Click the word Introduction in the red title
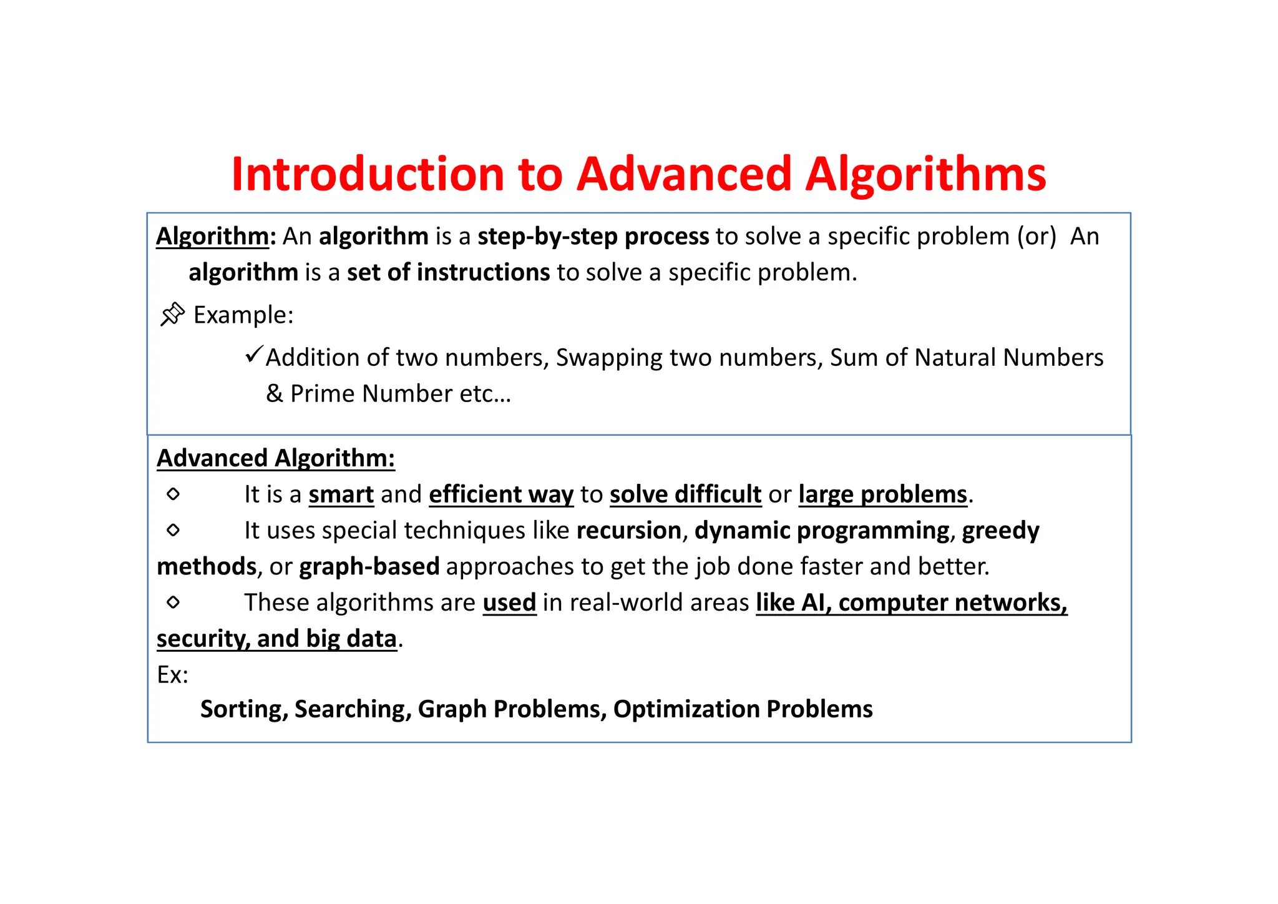click(367, 174)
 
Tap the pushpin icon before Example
click(172, 314)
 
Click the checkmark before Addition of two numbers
click(254, 355)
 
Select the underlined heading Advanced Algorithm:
click(276, 458)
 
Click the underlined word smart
click(341, 494)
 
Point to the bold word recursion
click(628, 531)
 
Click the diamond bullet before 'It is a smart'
click(173, 494)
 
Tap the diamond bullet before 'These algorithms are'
click(173, 602)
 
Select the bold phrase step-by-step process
click(593, 237)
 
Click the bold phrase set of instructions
click(448, 273)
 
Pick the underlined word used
click(509, 603)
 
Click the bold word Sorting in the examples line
click(243, 709)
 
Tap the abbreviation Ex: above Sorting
click(172, 675)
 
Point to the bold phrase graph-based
click(369, 567)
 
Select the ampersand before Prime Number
click(275, 394)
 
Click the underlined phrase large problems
click(882, 494)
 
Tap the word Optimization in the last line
click(686, 709)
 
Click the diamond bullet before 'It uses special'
click(173, 531)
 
